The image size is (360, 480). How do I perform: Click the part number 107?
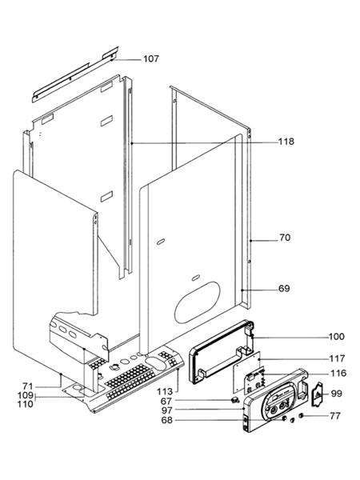tap(151, 59)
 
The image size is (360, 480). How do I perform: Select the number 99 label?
tap(336, 394)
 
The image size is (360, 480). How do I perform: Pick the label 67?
tap(189, 400)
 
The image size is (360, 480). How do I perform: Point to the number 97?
tap(189, 410)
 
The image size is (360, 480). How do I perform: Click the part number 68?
tap(189, 420)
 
